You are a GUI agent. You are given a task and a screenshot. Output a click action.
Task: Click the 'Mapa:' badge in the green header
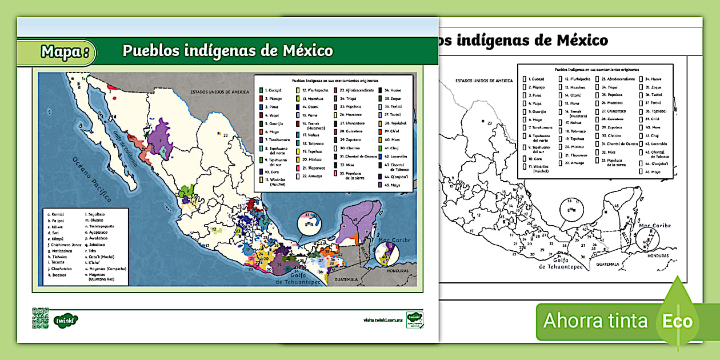(65, 52)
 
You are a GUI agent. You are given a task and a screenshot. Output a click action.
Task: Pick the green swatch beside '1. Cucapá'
(261, 90)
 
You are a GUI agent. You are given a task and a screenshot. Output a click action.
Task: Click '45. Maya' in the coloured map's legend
(391, 185)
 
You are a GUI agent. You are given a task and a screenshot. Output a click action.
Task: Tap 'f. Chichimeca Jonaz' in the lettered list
(66, 243)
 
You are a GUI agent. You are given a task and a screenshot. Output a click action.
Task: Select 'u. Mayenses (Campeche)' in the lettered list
(106, 269)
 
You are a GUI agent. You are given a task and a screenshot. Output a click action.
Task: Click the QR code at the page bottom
(40, 318)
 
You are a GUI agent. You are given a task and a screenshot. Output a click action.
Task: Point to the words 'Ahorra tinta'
(595, 321)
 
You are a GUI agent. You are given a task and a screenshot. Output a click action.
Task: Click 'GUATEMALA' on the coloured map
(346, 279)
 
